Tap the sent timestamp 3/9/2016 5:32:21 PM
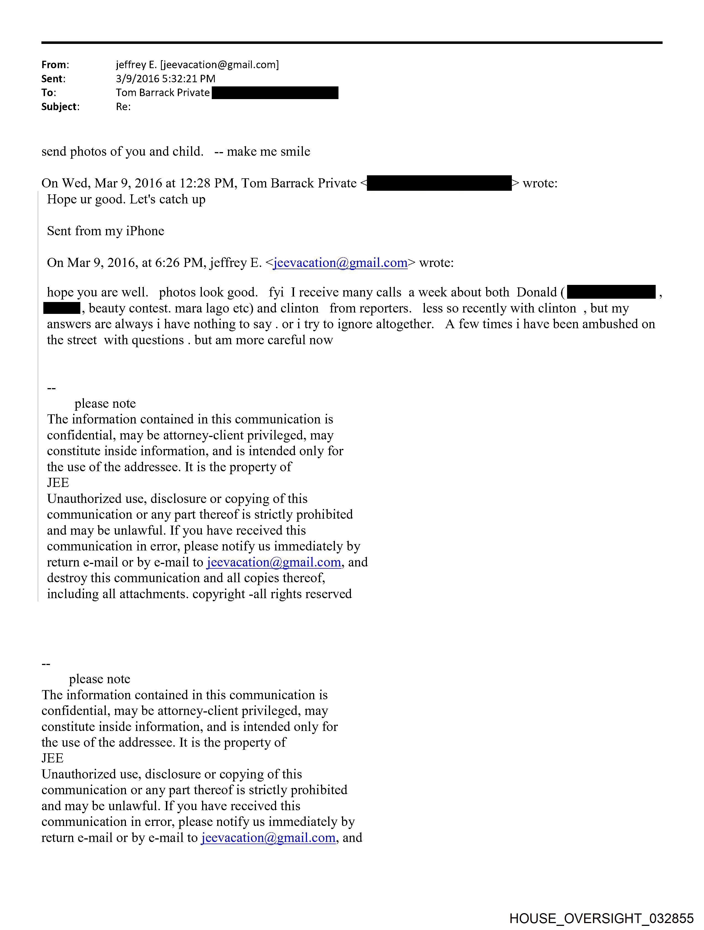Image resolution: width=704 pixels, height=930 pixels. click(165, 79)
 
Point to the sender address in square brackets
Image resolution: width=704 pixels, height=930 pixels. click(219, 65)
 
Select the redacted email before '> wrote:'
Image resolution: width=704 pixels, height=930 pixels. click(439, 183)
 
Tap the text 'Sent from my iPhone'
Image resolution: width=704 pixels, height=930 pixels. click(105, 231)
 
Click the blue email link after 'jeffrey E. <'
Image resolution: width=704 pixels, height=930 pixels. click(340, 263)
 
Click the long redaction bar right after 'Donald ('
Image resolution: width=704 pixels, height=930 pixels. click(611, 292)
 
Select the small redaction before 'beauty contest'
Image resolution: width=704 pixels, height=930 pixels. click(62, 308)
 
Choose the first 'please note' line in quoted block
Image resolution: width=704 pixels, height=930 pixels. click(105, 404)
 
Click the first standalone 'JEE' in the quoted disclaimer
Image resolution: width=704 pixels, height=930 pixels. click(58, 483)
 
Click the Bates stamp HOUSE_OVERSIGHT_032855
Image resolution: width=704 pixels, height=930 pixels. click(601, 918)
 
